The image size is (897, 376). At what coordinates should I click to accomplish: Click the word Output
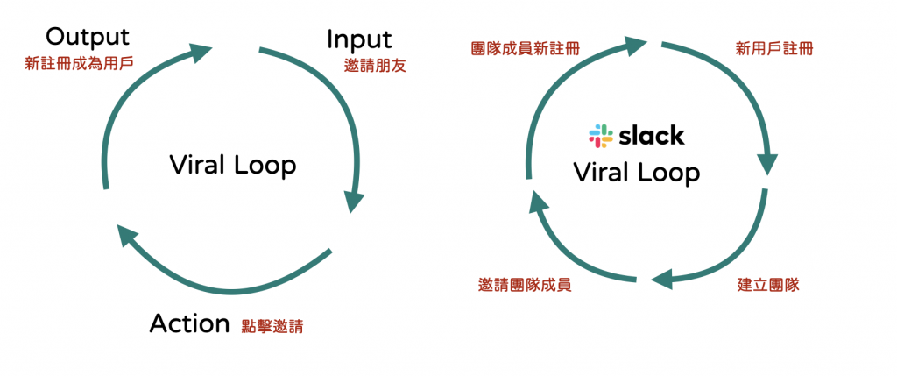click(87, 37)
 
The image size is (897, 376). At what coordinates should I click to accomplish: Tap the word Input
click(359, 39)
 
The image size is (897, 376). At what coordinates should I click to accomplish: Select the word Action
click(189, 323)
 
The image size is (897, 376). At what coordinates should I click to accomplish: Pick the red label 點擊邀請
click(272, 326)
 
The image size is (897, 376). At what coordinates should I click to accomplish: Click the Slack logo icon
click(602, 136)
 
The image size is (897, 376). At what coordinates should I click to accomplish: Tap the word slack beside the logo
click(652, 136)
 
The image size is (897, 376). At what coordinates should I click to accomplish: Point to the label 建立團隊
click(768, 285)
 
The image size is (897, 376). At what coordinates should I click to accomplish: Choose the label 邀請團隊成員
click(525, 285)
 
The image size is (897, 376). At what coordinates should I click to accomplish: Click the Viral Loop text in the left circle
click(233, 164)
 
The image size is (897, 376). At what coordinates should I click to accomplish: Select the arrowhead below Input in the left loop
click(354, 200)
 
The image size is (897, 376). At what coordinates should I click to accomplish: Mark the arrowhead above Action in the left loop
click(128, 234)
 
